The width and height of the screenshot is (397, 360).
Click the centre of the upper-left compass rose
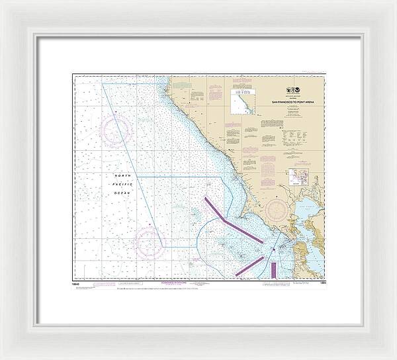(x=116, y=128)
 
